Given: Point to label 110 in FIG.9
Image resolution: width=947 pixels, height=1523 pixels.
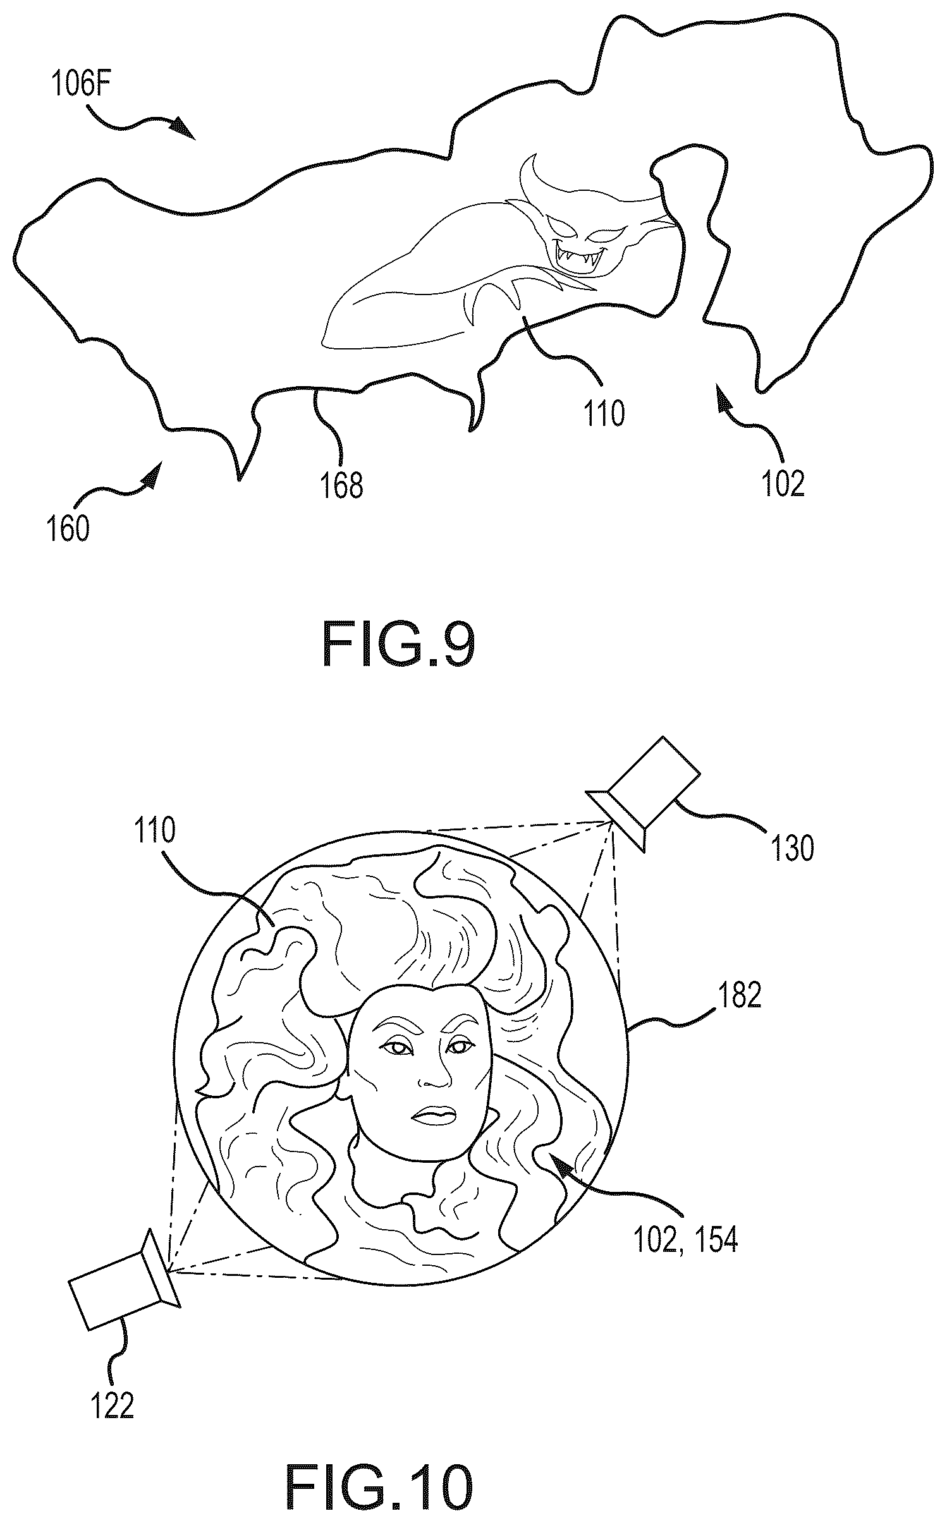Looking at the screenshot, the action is point(604,414).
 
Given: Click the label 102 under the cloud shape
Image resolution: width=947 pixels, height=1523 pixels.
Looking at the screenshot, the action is point(784,484).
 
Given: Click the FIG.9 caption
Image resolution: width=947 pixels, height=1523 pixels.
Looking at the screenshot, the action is point(398,645).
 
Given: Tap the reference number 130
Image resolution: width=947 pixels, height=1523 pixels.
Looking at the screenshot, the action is point(792,848).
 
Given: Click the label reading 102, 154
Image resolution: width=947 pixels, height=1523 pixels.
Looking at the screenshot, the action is point(685,1240).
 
